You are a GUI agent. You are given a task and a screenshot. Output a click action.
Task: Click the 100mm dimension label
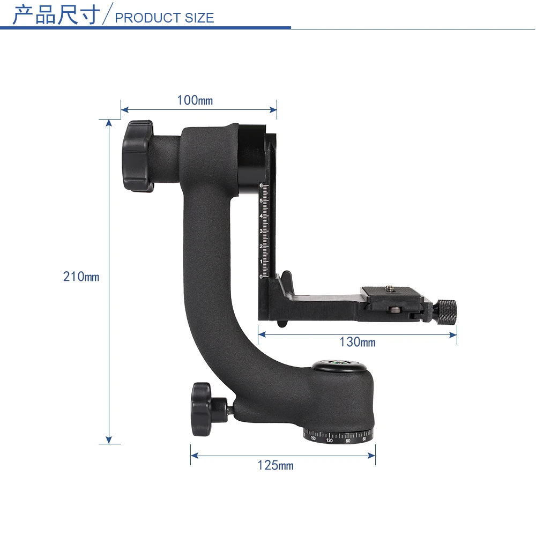coord(195,100)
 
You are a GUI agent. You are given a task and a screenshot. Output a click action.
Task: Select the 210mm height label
coord(81,277)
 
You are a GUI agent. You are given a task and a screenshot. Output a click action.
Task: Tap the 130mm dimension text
coord(357,342)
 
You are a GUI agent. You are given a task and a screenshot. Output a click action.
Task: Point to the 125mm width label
coord(276,465)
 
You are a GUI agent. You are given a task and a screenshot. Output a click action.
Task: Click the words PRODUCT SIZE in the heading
coord(165,18)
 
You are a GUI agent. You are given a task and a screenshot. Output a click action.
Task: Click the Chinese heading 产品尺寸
coord(56,15)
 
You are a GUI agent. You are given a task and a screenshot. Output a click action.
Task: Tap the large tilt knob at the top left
coord(138,156)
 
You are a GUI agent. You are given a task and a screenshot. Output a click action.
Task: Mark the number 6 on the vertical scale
coord(261,185)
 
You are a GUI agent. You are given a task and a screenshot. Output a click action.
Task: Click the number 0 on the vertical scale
coord(261,276)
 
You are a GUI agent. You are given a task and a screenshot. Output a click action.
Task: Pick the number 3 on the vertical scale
coord(261,231)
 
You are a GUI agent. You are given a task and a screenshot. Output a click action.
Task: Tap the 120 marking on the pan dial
coord(329,441)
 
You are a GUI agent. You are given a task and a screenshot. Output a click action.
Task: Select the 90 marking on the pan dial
coord(348,441)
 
